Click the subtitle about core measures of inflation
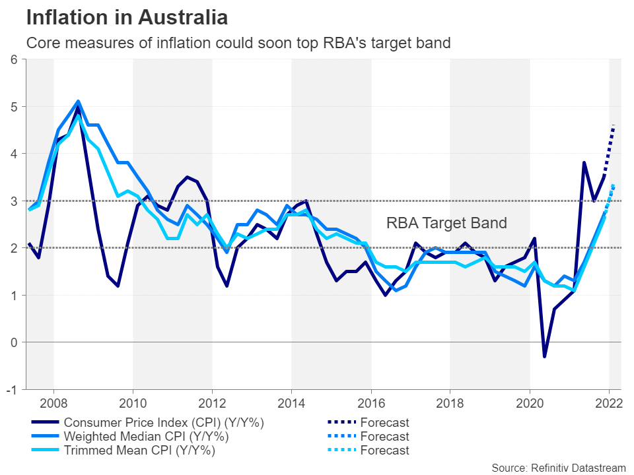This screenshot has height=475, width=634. [238, 44]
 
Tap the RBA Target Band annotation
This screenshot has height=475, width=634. [446, 223]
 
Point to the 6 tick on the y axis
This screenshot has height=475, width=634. [14, 59]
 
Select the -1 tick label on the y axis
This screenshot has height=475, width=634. [13, 389]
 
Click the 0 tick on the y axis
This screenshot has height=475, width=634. [14, 342]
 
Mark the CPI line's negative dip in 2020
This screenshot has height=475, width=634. [545, 357]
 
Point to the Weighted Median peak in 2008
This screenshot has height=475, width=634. [79, 102]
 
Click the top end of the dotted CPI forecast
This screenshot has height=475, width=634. [614, 125]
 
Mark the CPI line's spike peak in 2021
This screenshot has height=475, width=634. [584, 163]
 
